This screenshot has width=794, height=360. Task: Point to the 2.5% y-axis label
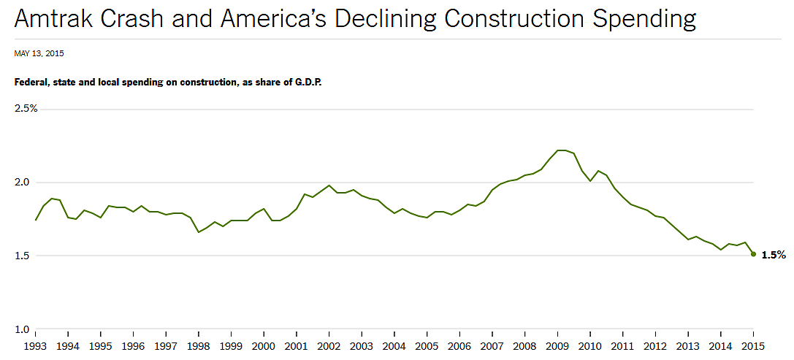coord(26,108)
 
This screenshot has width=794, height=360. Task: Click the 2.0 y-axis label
coord(24,182)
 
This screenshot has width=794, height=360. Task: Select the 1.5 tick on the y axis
coord(24,256)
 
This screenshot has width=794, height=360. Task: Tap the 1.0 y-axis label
coord(24,329)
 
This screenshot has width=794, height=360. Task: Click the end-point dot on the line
coord(753,254)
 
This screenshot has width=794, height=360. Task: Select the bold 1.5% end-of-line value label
coord(773,256)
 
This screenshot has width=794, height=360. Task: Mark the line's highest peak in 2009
coord(561,150)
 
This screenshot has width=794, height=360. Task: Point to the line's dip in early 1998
coord(199,232)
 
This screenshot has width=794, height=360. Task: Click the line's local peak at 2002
coord(329,185)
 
